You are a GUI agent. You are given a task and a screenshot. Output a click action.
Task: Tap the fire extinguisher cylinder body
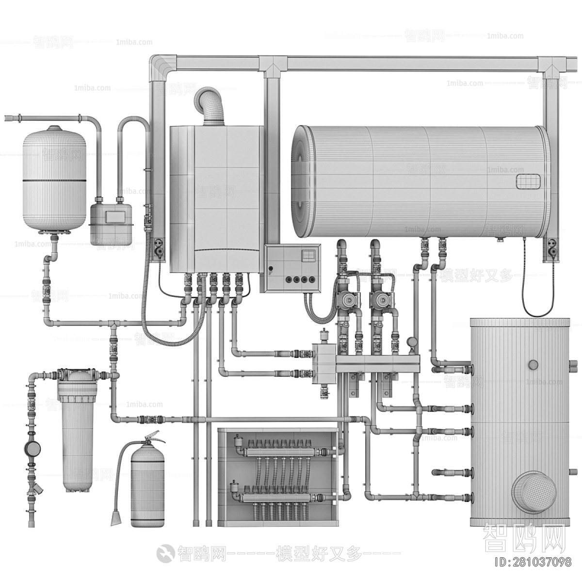147,485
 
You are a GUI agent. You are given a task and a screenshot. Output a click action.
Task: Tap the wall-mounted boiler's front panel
216,194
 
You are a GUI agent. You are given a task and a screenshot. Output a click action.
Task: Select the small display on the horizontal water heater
527,181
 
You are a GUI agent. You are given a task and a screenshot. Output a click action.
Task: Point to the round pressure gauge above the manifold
412,341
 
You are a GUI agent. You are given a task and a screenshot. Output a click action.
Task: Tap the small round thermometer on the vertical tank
533,364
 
